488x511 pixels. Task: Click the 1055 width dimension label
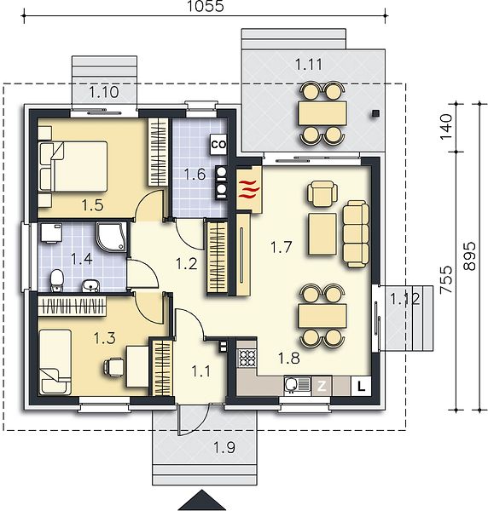coord(206,6)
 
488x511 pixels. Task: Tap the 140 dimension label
coord(446,127)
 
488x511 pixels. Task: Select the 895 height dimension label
coord(469,255)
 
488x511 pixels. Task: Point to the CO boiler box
coord(218,145)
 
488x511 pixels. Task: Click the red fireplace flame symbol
coord(249,189)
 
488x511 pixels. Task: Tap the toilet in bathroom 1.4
coord(56,280)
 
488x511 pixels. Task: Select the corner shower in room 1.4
coord(111,237)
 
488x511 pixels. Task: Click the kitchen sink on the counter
coord(298,385)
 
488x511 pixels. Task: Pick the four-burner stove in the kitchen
coord(247,358)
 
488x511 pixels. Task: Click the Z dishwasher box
coord(322,386)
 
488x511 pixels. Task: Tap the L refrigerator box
coord(361,386)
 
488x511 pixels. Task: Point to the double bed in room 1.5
coord(73,166)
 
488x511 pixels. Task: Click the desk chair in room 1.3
coord(113,367)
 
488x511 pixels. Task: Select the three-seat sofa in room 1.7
coord(356,234)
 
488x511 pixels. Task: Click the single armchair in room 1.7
coord(322,194)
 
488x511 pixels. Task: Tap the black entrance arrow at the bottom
coord(202,500)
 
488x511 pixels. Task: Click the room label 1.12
coord(404,299)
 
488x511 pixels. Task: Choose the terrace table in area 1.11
coord(322,112)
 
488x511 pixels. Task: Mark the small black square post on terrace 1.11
coord(375,113)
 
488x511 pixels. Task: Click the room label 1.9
coord(224,447)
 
